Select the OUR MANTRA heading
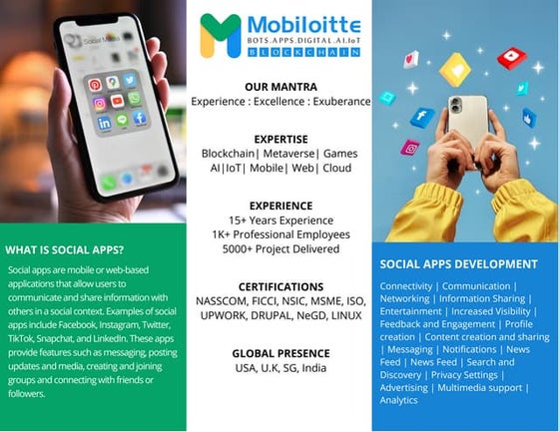point(279,87)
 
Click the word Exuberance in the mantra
point(345,101)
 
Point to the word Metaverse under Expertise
point(288,155)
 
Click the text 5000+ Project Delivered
point(279,246)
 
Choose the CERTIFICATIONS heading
point(279,286)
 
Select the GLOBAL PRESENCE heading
point(279,353)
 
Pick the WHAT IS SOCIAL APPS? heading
point(65,249)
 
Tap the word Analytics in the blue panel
point(399,400)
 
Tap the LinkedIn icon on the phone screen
point(104,122)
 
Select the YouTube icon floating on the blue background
point(511,58)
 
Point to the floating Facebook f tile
point(422,118)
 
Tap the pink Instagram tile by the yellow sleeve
point(409,148)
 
